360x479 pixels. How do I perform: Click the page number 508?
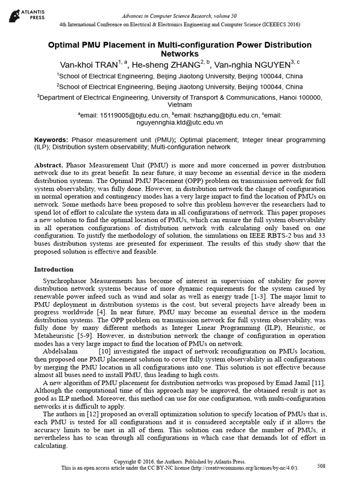click(322, 466)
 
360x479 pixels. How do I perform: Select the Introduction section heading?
click(54, 269)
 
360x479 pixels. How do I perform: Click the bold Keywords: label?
click(52, 140)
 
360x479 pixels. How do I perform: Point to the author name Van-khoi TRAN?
click(89, 65)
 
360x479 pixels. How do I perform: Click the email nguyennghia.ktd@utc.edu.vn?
click(180, 123)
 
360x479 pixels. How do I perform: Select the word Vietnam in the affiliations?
click(180, 105)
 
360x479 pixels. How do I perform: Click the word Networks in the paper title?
click(180, 54)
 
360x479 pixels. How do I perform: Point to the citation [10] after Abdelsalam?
click(104, 351)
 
